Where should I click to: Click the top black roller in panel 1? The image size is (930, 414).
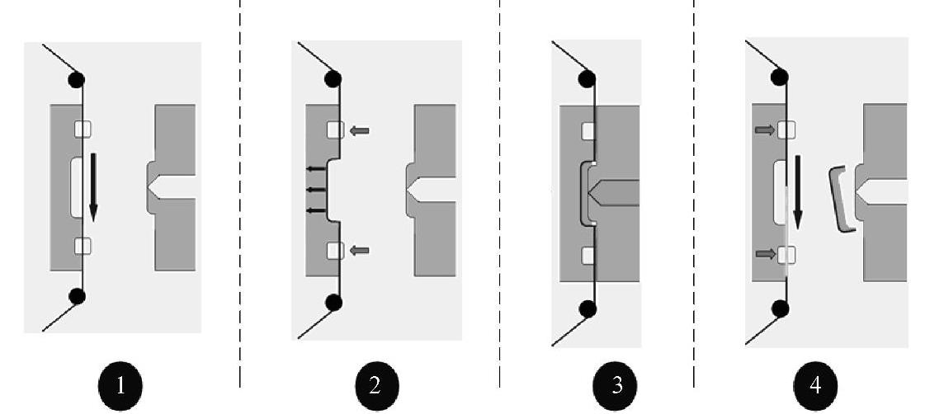pos(77,80)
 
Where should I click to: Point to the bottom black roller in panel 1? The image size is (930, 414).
pos(77,296)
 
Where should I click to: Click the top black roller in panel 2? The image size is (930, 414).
pos(333,79)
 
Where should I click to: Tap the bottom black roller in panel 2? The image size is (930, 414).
pos(333,303)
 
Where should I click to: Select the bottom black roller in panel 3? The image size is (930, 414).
pos(588,309)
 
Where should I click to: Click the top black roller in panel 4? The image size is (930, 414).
pos(779,78)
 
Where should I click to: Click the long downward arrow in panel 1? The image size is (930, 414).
pos(92,186)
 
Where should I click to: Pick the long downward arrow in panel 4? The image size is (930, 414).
pos(797,194)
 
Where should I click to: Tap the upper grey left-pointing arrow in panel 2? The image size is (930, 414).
pos(360,130)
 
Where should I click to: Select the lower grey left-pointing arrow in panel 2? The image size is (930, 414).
pos(360,251)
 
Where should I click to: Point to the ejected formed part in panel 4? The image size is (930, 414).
pos(840,199)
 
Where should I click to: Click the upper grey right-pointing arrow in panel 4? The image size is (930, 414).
pos(764,129)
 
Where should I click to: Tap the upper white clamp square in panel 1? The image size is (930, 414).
pos(83,129)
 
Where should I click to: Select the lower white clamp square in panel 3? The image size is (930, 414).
pos(588,255)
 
